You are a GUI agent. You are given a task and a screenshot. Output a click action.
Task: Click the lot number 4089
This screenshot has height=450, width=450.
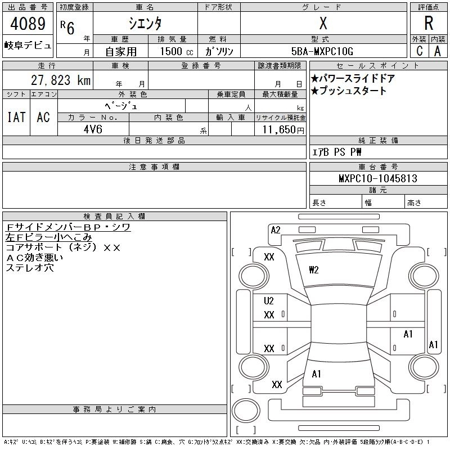[x=27, y=25]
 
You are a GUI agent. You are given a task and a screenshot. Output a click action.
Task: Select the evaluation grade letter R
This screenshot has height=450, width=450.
[x=429, y=24]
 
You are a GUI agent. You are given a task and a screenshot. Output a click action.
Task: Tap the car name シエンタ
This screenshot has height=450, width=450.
[x=145, y=24]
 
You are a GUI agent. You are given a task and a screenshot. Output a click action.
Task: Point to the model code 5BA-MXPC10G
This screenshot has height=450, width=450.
[x=322, y=51]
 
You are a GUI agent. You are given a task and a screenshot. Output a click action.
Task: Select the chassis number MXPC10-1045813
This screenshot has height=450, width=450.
[x=377, y=179]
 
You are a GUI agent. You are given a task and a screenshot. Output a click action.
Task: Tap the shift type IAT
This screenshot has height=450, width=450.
[x=16, y=117]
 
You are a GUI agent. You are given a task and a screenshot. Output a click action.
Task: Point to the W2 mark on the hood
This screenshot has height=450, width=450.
[x=314, y=270]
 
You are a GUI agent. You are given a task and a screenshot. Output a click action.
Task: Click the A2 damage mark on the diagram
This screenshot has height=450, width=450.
[x=276, y=229]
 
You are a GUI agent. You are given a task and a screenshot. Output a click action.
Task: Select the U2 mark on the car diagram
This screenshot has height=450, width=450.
[x=269, y=301]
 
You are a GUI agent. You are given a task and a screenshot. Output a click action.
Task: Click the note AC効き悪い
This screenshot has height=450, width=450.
[x=34, y=258]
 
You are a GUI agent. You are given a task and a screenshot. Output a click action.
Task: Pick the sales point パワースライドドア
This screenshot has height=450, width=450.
[x=353, y=79]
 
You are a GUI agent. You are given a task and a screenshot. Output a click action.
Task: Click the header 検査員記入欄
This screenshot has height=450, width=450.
[x=115, y=216]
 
